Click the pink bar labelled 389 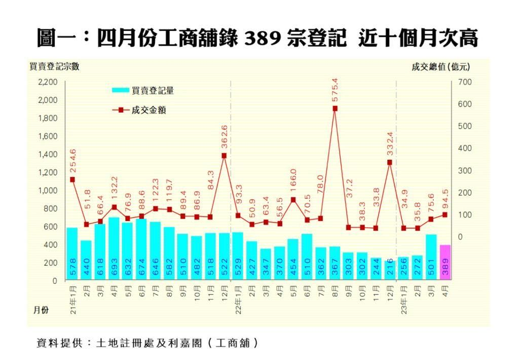444,263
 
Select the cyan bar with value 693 114,249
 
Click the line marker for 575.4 335,109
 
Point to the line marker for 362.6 224,156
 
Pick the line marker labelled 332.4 389,162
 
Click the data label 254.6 72,161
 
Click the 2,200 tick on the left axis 48,82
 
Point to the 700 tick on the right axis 465,82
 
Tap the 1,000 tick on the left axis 48,191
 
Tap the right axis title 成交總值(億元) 440,66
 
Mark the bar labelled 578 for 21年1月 72,254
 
